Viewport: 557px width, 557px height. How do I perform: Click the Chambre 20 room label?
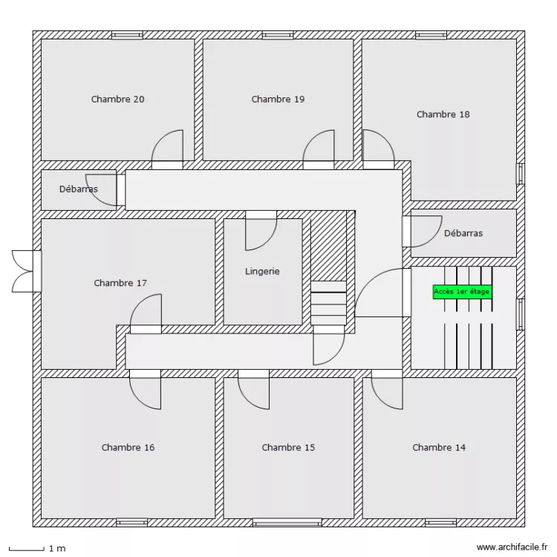point(117,99)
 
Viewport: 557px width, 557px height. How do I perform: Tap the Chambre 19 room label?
point(278,99)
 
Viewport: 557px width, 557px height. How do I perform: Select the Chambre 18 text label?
point(443,114)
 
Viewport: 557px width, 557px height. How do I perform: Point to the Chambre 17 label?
point(120,283)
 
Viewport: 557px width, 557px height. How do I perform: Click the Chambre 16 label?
point(128,447)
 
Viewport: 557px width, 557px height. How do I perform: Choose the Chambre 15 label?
point(288,447)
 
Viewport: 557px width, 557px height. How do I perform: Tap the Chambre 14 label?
point(439,447)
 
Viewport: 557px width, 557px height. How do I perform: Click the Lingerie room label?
point(262,271)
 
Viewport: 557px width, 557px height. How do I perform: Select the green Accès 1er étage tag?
point(461,292)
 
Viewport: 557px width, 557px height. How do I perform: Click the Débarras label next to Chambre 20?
point(78,189)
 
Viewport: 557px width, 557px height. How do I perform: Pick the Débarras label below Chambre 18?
point(463,233)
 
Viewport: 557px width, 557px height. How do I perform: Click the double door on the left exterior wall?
point(25,270)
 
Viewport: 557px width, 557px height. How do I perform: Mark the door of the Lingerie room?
point(261,232)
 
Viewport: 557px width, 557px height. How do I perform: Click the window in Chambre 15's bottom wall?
point(287,522)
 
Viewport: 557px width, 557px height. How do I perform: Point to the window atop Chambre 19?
point(278,35)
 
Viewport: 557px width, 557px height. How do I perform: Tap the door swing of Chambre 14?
point(387,391)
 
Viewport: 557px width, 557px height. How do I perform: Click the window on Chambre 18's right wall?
point(520,173)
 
